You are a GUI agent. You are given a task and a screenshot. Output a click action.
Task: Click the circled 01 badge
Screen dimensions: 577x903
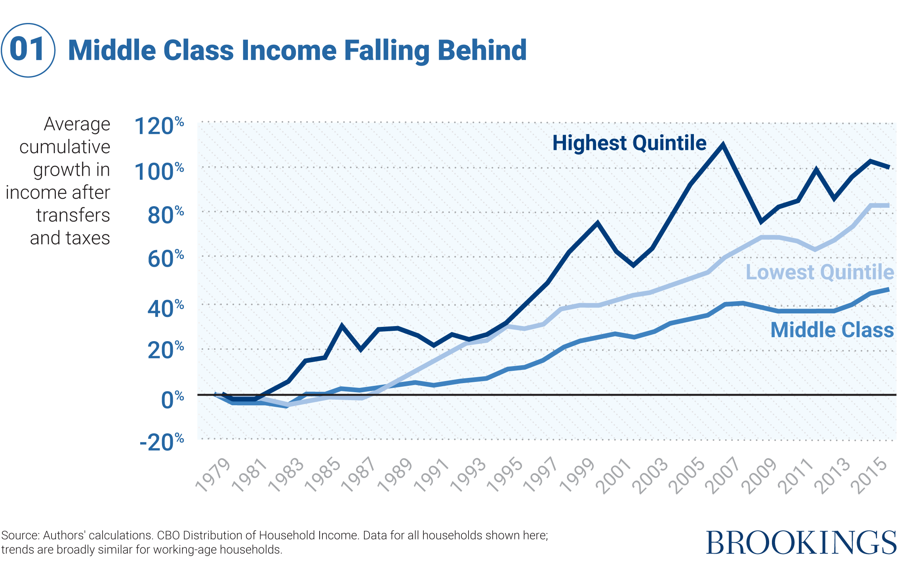pyautogui.click(x=28, y=50)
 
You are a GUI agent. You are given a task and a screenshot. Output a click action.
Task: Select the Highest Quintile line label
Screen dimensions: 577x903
pyautogui.click(x=629, y=143)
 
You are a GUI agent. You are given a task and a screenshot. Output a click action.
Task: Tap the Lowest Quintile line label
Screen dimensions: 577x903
pyautogui.click(x=819, y=272)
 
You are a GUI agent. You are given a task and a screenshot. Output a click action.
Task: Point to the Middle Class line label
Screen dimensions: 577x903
pyautogui.click(x=832, y=330)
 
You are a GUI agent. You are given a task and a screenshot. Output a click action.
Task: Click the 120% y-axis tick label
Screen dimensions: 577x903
pyautogui.click(x=158, y=126)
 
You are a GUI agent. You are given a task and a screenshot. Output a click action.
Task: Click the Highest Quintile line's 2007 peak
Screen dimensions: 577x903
pyautogui.click(x=723, y=145)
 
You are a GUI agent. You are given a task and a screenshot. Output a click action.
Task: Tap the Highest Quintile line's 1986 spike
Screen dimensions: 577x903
pyautogui.click(x=342, y=326)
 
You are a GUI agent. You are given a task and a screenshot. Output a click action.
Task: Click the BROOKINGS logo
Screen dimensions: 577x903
pyautogui.click(x=801, y=543)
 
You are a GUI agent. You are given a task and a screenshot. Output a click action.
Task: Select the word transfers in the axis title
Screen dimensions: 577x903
pyautogui.click(x=73, y=215)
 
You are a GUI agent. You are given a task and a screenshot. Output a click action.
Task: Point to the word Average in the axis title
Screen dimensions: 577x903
pyautogui.click(x=77, y=124)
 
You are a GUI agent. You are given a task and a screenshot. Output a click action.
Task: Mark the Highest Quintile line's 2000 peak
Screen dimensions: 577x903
pyautogui.click(x=597, y=223)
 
